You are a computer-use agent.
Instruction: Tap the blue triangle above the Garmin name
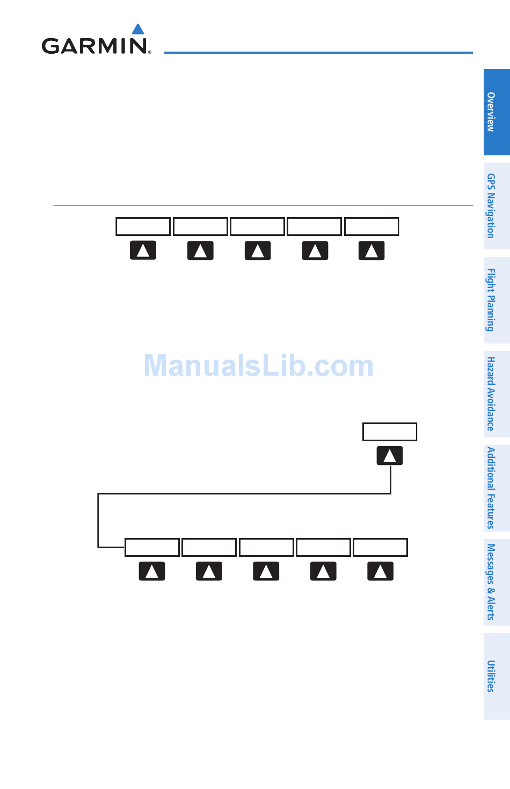pos(138,29)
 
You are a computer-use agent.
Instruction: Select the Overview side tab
pos(496,112)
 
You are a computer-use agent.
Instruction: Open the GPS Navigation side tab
pos(496,206)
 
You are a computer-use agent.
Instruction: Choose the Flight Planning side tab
pos(496,300)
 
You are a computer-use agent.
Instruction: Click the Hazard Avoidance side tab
pos(496,394)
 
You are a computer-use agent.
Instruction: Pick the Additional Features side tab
pos(496,488)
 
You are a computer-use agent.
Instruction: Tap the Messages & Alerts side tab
pos(496,582)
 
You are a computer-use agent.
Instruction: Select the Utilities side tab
pos(496,676)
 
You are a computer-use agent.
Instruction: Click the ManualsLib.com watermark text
pos(258,366)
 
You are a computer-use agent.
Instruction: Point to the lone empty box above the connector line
pos(390,432)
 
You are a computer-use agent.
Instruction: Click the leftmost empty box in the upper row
pos(143,227)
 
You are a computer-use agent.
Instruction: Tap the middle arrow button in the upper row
pos(258,250)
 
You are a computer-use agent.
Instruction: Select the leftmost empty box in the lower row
pos(152,547)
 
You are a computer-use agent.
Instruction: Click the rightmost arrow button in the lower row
pos(380,571)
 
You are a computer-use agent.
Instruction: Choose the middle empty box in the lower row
pos(266,547)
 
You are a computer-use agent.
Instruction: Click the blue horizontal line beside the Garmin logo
pos(318,53)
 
